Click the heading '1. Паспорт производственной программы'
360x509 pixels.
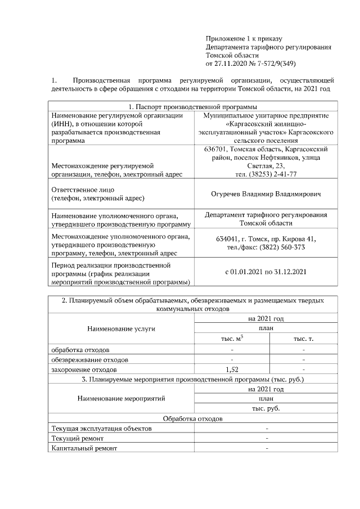pyautogui.click(x=193, y=106)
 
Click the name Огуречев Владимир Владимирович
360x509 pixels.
pyautogui.click(x=265, y=194)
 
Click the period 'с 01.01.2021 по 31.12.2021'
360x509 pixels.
pyautogui.click(x=265, y=272)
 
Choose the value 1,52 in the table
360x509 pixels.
pyautogui.click(x=232, y=370)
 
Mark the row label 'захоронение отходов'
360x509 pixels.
pyautogui.click(x=84, y=370)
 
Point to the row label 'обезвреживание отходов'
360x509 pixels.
pyautogui.click(x=89, y=359)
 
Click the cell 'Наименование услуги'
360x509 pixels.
pyautogui.click(x=121, y=328)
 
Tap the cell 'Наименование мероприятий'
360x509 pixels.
pyautogui.click(x=121, y=399)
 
